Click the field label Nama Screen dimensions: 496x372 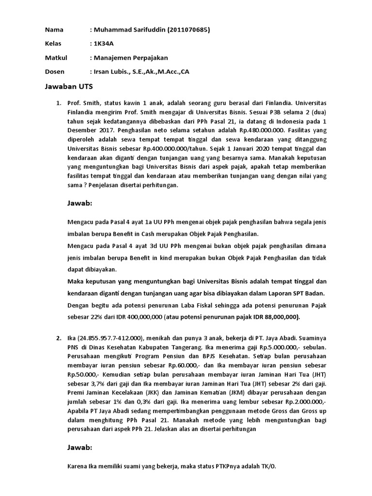pos(54,30)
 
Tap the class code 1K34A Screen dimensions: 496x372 pos(105,44)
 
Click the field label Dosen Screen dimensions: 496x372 pos(55,71)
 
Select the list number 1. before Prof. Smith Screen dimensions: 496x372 pos(59,104)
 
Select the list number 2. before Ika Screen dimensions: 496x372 pos(59,338)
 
